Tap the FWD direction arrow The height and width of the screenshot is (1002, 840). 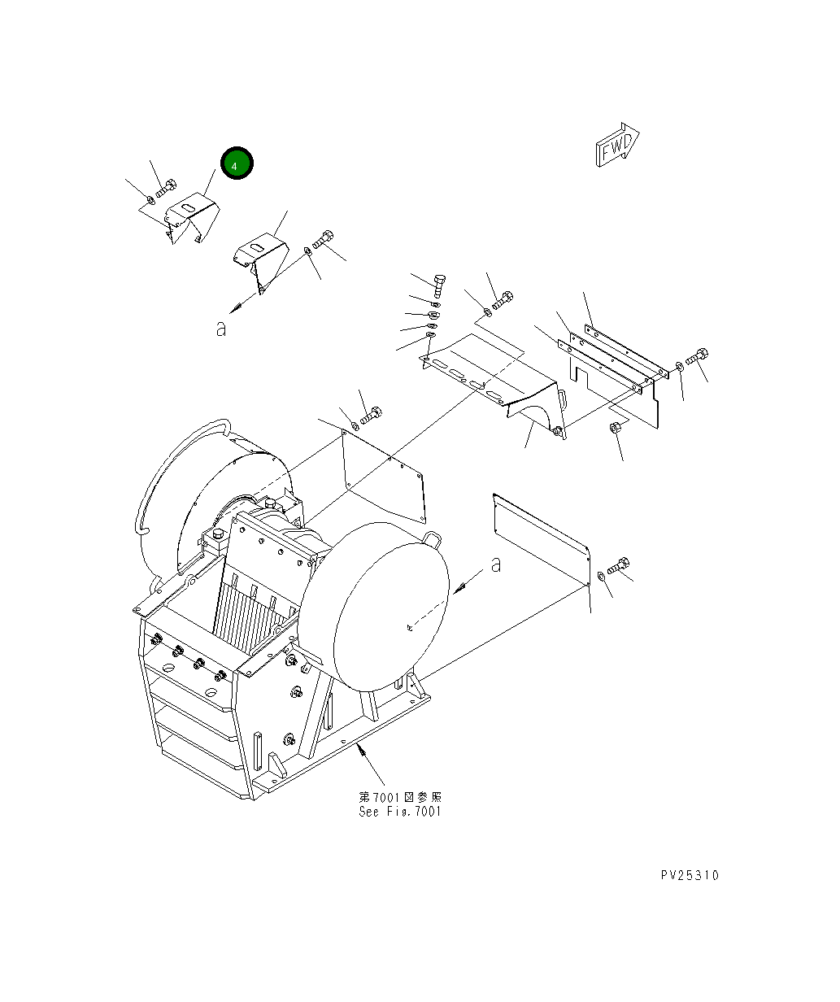tap(617, 146)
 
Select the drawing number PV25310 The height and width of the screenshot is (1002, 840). tap(690, 875)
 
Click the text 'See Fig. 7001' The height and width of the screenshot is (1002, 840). tap(400, 812)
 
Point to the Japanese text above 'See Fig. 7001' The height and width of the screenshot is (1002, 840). tap(400, 797)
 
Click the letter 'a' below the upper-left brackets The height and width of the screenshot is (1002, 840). tap(220, 329)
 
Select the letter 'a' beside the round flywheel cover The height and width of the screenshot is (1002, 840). tap(496, 564)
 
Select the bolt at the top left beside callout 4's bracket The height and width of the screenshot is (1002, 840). tap(165, 188)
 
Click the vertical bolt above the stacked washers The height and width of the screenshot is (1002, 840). tap(439, 285)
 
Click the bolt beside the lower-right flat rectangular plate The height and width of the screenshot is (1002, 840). tap(619, 566)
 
